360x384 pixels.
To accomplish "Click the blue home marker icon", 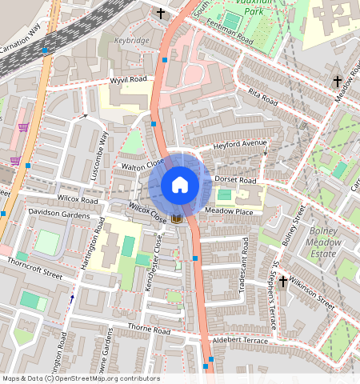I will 180,185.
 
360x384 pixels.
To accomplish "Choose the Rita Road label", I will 262,98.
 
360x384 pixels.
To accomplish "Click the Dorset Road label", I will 235,181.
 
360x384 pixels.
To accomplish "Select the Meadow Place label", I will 229,212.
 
